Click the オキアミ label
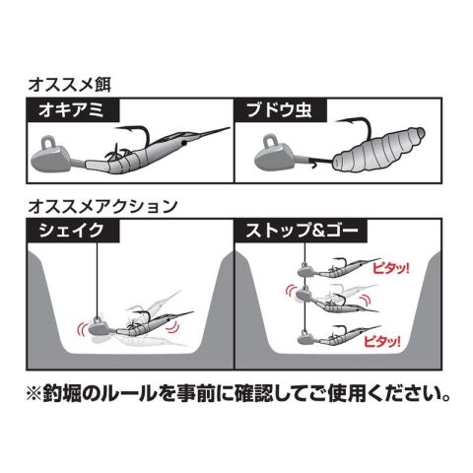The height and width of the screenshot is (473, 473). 71,110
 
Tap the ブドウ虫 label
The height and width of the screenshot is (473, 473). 279,110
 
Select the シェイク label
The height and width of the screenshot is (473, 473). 71,231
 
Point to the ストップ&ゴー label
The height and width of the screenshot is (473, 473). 302,231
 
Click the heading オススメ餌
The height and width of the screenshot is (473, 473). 70,85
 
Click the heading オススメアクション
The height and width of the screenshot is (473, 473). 102,206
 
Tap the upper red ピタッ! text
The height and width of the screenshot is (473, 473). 391,268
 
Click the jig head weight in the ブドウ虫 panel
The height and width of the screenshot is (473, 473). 274,160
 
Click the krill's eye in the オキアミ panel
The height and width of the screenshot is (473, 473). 184,144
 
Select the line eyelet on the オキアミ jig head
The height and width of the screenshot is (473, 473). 48,142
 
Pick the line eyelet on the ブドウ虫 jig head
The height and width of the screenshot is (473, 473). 271,141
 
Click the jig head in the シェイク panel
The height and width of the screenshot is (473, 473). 98,328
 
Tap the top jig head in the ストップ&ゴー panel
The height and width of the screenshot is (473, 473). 306,270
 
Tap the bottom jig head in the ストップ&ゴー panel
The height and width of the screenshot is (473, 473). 306,338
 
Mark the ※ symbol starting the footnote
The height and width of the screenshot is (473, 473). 34,394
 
